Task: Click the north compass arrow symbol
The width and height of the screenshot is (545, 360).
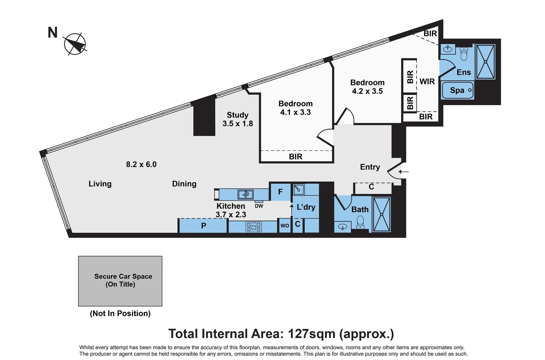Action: (75, 44)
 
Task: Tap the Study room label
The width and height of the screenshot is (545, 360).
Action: (237, 115)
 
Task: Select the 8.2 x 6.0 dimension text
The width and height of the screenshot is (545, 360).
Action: (141, 164)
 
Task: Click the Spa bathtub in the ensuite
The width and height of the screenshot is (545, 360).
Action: (458, 90)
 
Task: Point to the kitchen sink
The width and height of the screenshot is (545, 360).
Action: (246, 195)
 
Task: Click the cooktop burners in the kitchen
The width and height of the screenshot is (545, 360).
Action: (254, 227)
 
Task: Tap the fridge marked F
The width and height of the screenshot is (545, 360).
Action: (281, 192)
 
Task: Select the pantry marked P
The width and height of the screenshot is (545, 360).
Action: (203, 226)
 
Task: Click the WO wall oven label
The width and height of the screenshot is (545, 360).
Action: (285, 226)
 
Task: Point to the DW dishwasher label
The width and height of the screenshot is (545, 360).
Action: (259, 206)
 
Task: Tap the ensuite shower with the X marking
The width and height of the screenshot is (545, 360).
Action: (485, 62)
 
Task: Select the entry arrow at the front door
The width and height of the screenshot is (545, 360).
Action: (404, 172)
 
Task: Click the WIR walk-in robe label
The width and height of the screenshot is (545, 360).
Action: (427, 81)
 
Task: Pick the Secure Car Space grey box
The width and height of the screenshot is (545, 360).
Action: (120, 281)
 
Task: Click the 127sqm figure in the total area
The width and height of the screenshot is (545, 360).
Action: (311, 334)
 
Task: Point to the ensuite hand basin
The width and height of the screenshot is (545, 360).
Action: (448, 49)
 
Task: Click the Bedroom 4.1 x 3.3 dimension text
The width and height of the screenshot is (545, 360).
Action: (295, 112)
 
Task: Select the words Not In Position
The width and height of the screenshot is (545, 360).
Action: (120, 313)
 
